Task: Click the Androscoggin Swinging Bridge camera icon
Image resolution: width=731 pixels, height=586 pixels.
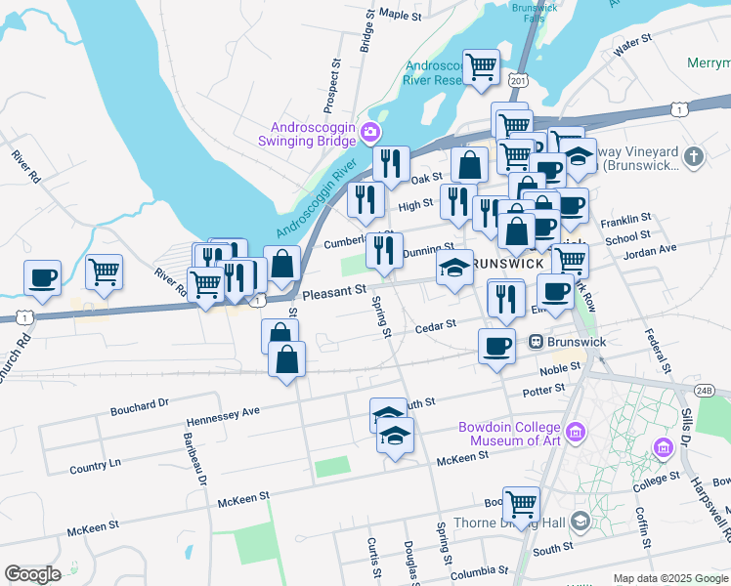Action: pyautogui.click(x=370, y=132)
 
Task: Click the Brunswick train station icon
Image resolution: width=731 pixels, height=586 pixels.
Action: pyautogui.click(x=536, y=342)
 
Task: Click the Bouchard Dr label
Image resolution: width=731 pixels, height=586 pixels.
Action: pyautogui.click(x=140, y=401)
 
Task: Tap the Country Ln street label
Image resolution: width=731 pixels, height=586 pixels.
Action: pyautogui.click(x=95, y=466)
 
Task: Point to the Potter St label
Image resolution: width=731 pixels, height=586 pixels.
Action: pyautogui.click(x=544, y=390)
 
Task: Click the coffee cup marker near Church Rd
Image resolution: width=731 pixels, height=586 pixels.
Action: pyautogui.click(x=42, y=277)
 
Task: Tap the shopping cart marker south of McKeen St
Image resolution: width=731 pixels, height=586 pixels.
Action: pyautogui.click(x=521, y=504)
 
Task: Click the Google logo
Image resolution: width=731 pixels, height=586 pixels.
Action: pyautogui.click(x=31, y=574)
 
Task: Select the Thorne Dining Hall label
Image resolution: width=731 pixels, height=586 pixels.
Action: pyautogui.click(x=522, y=523)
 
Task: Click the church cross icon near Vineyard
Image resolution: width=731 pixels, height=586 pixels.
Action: pyautogui.click(x=694, y=156)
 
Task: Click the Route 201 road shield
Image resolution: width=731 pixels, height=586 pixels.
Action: pyautogui.click(x=518, y=78)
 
